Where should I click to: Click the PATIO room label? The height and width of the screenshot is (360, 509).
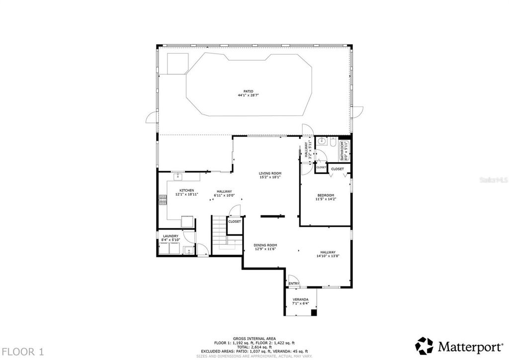248,91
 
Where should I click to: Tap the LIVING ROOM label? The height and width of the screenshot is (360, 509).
270,174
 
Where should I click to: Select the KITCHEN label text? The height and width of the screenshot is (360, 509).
186,190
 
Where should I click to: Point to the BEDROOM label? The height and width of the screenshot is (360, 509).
326,195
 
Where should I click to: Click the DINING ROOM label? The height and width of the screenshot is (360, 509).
265,245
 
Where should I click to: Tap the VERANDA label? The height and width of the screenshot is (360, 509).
300,299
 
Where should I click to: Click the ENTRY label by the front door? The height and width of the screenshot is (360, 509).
294,284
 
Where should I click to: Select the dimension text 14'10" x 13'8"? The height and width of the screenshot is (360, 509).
328,257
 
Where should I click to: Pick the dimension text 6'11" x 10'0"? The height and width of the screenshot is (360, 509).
224,195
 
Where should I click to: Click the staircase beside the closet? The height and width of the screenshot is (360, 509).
219,234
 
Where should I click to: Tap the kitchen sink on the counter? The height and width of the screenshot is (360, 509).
177,176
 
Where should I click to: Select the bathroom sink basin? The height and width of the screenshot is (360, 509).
321,142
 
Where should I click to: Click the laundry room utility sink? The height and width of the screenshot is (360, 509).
187,250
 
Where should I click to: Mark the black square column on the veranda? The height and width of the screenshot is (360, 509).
313,313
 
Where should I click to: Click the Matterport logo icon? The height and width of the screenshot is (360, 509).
424,345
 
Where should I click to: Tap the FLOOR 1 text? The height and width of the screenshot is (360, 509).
22,352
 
